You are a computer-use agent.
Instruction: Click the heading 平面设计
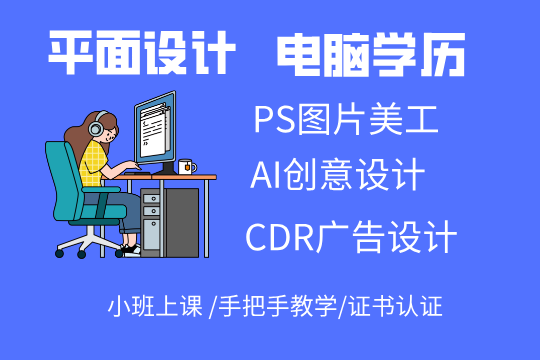(142, 53)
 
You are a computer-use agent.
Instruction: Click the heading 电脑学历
(371, 55)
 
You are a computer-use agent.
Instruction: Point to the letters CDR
(280, 237)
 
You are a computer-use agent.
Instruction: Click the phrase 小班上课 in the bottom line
(155, 306)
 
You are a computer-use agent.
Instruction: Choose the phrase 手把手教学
(278, 306)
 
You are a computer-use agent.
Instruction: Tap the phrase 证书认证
(396, 306)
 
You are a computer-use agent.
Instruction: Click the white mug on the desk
(186, 167)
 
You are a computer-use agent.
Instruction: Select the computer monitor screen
(155, 127)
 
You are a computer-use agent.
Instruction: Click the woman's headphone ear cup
(95, 128)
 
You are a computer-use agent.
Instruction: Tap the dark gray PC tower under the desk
(170, 223)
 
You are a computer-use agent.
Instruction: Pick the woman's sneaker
(132, 250)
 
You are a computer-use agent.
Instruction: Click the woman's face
(110, 133)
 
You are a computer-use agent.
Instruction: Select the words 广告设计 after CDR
(386, 237)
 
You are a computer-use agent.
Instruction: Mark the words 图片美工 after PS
(367, 120)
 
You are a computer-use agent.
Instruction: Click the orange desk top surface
(159, 177)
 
